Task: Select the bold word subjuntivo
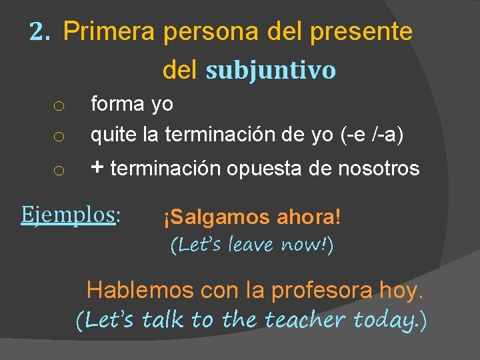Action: pos(271,70)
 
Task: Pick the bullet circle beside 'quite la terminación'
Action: pos(59,138)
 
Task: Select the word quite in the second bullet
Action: pos(114,135)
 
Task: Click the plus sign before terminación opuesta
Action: pos(97,168)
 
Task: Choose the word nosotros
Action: pos(379,169)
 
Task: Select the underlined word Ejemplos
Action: pos(68,214)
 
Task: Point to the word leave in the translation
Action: pos(255,245)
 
